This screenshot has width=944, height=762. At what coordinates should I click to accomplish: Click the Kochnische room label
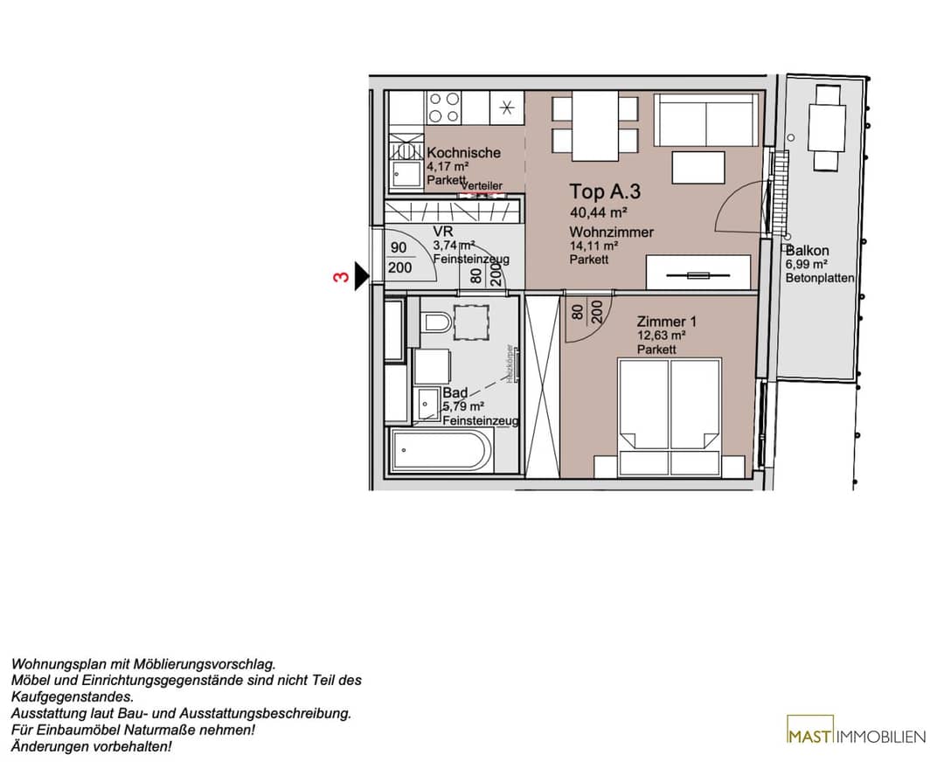pyautogui.click(x=463, y=153)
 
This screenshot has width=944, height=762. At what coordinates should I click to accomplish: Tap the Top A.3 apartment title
pyautogui.click(x=605, y=191)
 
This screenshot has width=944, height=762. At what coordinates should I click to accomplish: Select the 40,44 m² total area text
pyautogui.click(x=599, y=212)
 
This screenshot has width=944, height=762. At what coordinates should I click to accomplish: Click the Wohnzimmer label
pyautogui.click(x=611, y=232)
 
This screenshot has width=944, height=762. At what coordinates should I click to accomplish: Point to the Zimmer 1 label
pyautogui.click(x=666, y=322)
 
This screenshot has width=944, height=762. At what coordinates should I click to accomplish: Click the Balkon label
pyautogui.click(x=808, y=251)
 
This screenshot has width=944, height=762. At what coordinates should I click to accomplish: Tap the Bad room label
pyautogui.click(x=455, y=393)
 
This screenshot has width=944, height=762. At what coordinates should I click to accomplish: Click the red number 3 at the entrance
pyautogui.click(x=342, y=277)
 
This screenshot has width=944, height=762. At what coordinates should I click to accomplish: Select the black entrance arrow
pyautogui.click(x=362, y=276)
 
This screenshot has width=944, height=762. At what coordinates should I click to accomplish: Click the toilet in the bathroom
pyautogui.click(x=437, y=322)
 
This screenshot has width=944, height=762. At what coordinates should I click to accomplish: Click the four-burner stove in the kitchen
pyautogui.click(x=444, y=107)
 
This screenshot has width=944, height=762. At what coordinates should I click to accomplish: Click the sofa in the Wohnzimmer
pyautogui.click(x=705, y=120)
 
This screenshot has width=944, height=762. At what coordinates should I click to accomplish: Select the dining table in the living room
pyautogui.click(x=595, y=126)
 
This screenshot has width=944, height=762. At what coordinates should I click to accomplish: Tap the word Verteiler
pyautogui.click(x=482, y=186)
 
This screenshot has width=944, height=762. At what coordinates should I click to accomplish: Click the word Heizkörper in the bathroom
pyautogui.click(x=510, y=364)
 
